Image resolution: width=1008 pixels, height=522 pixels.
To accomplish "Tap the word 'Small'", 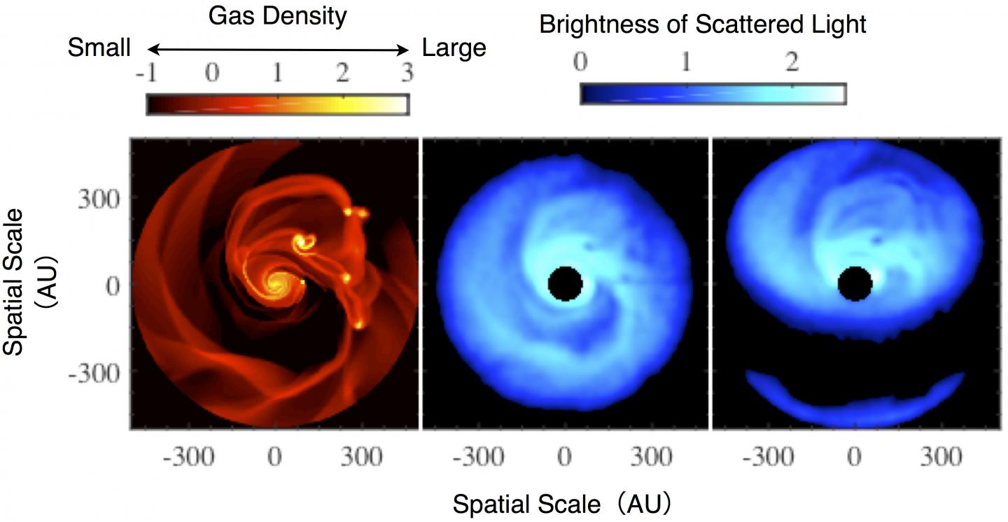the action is click(x=99, y=48).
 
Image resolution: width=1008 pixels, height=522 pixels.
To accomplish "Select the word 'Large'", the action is click(x=454, y=49).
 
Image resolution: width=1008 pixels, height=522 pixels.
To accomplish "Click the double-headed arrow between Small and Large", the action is click(x=278, y=50).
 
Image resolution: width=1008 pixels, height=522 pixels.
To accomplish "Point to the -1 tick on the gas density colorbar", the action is click(x=147, y=73).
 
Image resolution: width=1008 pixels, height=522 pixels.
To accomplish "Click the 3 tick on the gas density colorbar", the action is click(x=407, y=73).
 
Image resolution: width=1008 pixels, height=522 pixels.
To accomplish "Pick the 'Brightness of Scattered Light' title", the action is click(x=703, y=24).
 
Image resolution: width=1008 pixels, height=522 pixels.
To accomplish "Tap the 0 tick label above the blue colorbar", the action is click(x=580, y=61).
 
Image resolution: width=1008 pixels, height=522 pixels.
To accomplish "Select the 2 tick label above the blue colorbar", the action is click(x=792, y=61).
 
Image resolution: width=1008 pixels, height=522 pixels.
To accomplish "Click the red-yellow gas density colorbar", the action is click(x=278, y=104).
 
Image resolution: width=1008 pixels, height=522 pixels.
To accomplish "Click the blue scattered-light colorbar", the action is click(x=713, y=94).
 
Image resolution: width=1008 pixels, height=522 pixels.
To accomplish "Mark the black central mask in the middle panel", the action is click(x=566, y=283).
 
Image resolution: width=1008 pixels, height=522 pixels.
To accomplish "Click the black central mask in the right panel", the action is click(x=855, y=283).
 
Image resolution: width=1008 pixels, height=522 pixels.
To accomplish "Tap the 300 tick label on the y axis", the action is click(x=99, y=199).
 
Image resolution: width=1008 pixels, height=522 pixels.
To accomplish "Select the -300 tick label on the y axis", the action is click(x=94, y=374).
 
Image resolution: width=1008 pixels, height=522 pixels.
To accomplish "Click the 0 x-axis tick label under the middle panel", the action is click(x=564, y=457).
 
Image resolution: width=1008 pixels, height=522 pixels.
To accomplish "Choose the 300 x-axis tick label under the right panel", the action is click(x=941, y=457).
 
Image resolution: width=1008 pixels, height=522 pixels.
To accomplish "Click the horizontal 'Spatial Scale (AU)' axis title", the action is click(x=562, y=504).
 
